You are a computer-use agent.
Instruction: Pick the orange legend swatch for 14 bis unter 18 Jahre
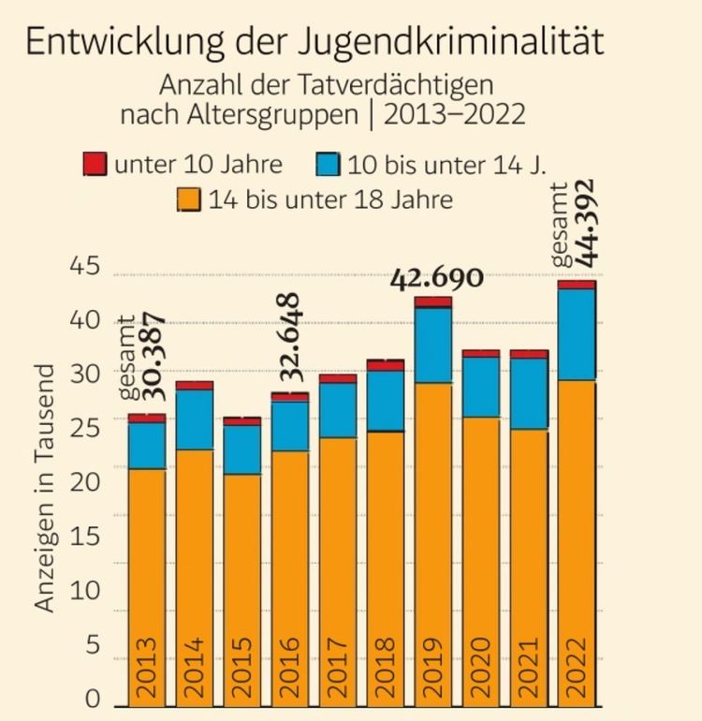click(189, 199)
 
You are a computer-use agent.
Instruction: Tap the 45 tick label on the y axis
click(85, 268)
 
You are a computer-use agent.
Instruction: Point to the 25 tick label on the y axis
click(85, 430)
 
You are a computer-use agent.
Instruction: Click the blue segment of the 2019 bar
click(433, 345)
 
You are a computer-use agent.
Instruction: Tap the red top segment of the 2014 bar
click(195, 385)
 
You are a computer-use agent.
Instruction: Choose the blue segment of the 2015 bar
click(242, 449)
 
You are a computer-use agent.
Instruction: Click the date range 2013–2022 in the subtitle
click(453, 115)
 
